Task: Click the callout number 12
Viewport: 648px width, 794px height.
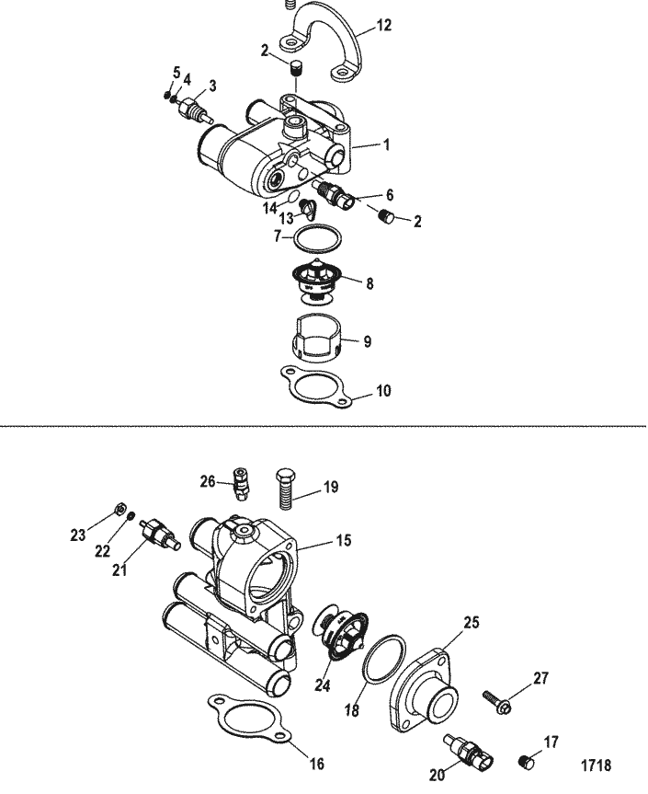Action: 384,25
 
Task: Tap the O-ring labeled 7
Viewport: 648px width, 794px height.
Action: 318,236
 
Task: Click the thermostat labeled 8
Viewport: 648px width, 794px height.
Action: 317,282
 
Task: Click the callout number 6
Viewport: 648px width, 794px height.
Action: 390,195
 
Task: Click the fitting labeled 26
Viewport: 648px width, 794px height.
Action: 240,483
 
